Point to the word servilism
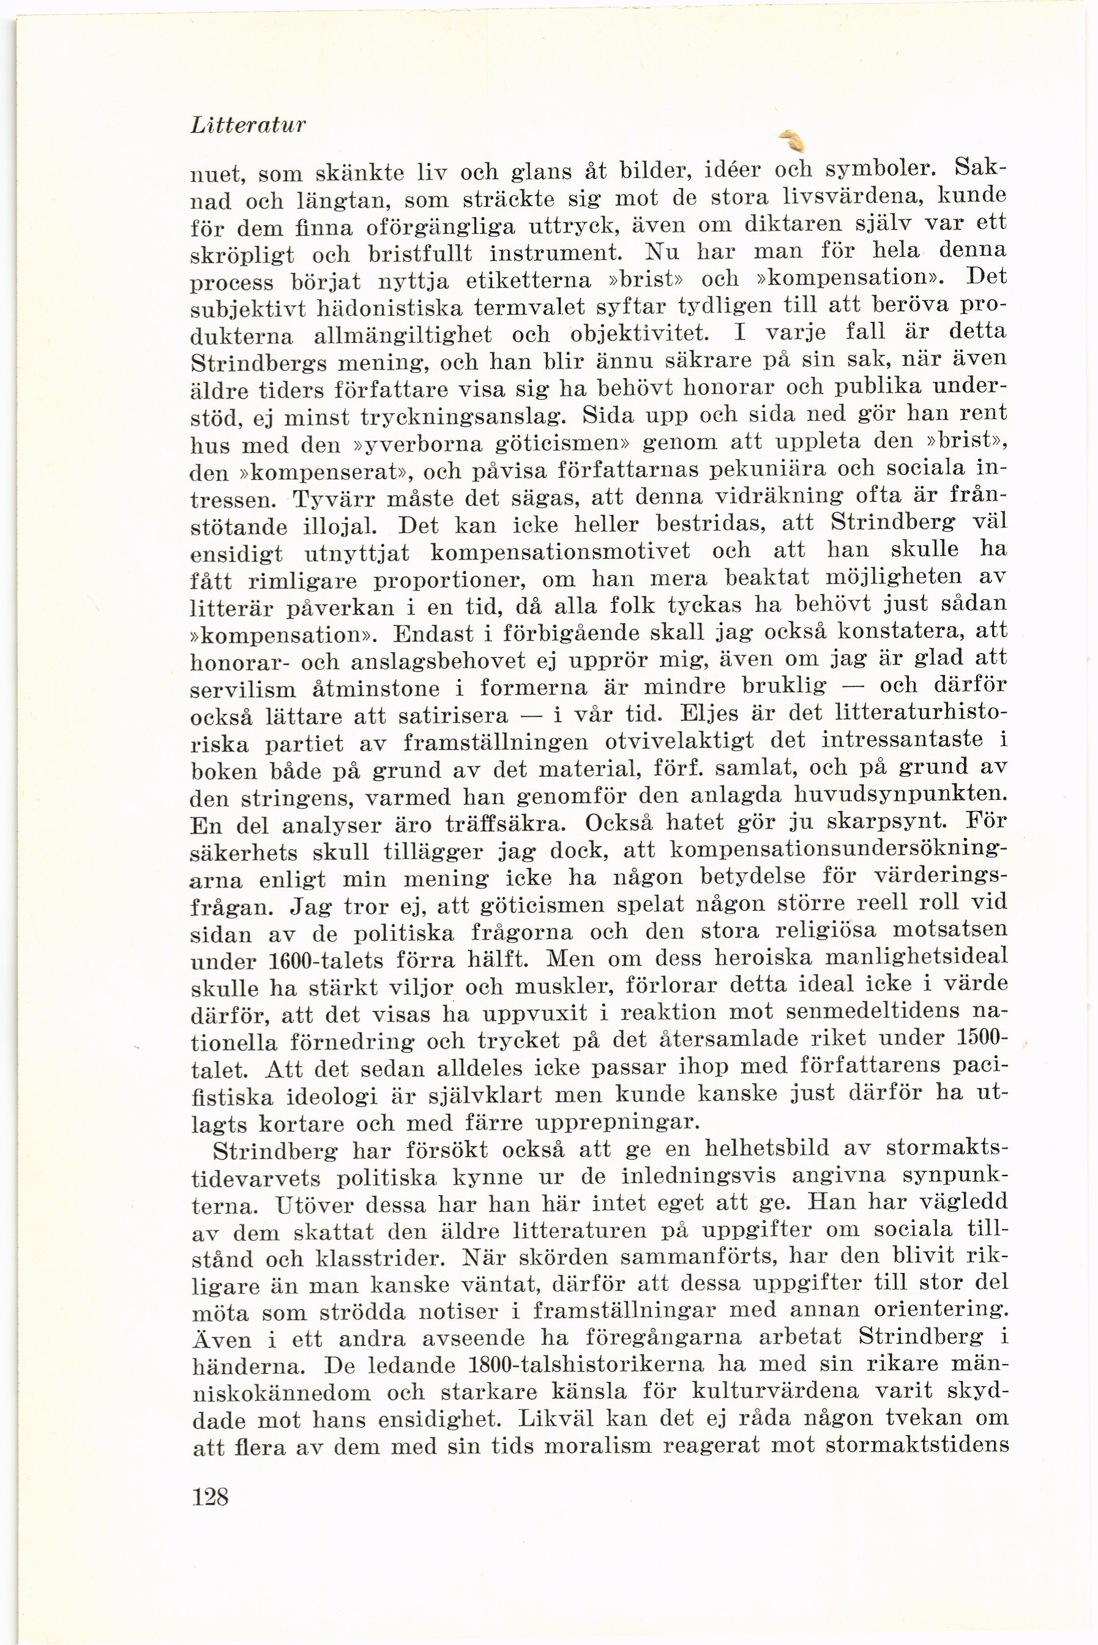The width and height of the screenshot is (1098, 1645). tap(243, 690)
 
